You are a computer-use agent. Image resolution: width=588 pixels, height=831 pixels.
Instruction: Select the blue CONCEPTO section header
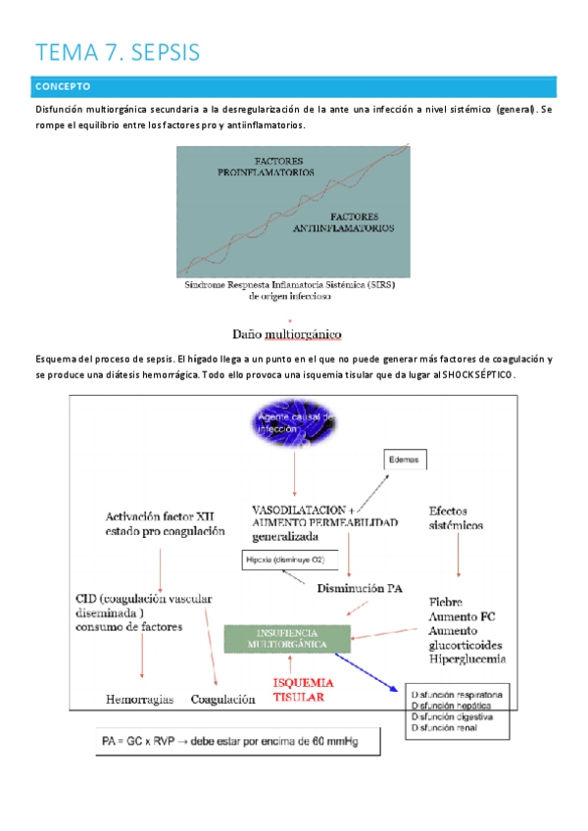(294, 86)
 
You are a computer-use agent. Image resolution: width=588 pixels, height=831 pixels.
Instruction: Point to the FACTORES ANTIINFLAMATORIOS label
(344, 221)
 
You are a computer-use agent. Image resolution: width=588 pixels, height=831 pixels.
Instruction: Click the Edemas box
(404, 459)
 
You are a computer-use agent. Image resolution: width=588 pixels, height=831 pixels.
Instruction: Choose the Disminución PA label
(360, 588)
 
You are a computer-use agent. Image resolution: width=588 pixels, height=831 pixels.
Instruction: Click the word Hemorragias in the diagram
(140, 700)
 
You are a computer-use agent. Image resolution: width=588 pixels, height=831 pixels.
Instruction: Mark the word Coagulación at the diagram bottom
(224, 700)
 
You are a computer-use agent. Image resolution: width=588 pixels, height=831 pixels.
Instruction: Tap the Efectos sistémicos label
(456, 517)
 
